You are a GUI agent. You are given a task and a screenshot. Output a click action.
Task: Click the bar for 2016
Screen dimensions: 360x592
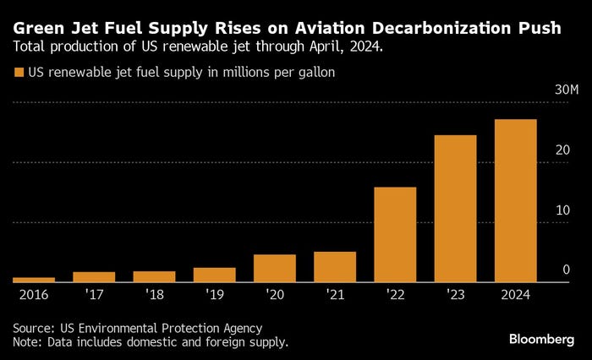click(x=34, y=279)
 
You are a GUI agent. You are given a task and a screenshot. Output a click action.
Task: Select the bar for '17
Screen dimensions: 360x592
click(x=94, y=276)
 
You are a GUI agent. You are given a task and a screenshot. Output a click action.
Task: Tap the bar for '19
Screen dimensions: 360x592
click(x=215, y=275)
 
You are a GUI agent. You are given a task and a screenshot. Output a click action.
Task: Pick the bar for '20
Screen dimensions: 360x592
click(x=275, y=268)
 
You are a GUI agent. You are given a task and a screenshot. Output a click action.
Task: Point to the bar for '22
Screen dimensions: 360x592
click(x=395, y=234)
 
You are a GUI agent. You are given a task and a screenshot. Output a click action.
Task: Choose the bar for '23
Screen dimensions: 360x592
click(x=455, y=208)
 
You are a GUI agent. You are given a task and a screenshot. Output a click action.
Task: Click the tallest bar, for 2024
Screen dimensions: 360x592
click(x=516, y=200)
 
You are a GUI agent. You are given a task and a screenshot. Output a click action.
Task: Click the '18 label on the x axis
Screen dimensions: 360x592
click(x=155, y=295)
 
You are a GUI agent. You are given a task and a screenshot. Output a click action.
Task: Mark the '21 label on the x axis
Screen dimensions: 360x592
click(x=335, y=295)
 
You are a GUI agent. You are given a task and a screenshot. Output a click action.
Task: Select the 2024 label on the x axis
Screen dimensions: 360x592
click(x=515, y=295)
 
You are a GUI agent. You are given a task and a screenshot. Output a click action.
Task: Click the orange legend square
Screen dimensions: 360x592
click(x=19, y=74)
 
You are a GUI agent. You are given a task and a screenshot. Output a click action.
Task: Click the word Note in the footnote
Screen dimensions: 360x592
click(x=26, y=341)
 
